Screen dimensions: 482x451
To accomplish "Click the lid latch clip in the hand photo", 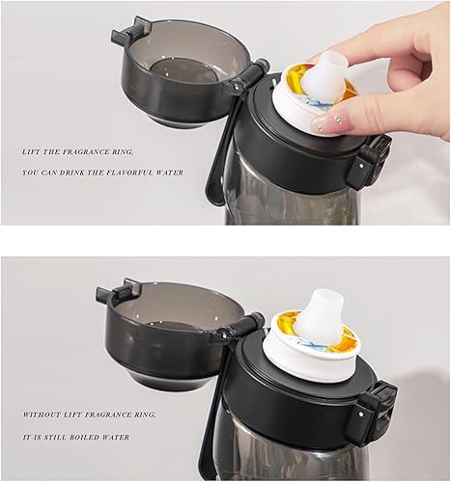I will point(372,159).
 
